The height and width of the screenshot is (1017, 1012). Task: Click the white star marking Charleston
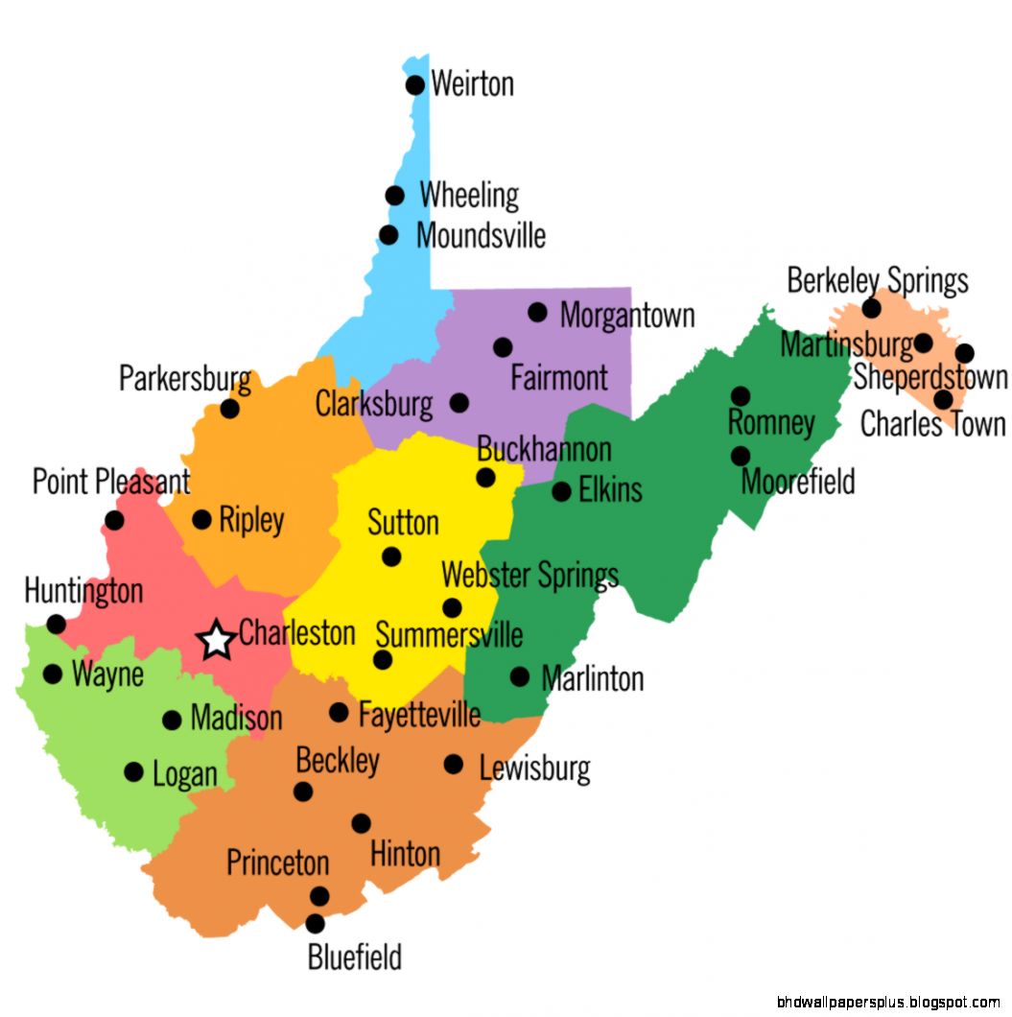click(x=217, y=640)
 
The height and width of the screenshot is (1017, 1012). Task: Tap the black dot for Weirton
click(x=415, y=85)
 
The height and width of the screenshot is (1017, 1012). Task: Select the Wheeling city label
click(x=469, y=196)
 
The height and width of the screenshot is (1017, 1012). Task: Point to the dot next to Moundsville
click(x=388, y=235)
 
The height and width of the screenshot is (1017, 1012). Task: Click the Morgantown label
click(x=627, y=315)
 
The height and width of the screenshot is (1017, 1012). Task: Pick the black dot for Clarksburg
click(x=459, y=403)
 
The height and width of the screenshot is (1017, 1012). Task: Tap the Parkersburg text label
click(x=185, y=379)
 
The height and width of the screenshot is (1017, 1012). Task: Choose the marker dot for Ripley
click(x=201, y=519)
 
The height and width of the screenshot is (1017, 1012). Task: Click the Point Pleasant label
click(x=111, y=482)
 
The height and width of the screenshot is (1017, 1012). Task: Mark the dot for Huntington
click(x=57, y=624)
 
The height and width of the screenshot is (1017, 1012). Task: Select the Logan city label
click(x=185, y=773)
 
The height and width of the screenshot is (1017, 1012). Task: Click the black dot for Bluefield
click(x=315, y=924)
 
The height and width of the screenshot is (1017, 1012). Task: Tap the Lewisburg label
click(x=534, y=768)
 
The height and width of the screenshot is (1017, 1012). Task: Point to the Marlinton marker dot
click(x=519, y=676)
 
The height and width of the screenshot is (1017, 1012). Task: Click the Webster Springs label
click(x=530, y=576)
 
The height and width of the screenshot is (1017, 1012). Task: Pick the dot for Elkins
click(x=561, y=491)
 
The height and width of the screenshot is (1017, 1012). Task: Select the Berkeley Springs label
click(x=878, y=281)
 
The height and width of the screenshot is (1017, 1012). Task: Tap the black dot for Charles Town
click(x=944, y=399)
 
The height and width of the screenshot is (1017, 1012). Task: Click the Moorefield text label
click(x=797, y=481)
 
